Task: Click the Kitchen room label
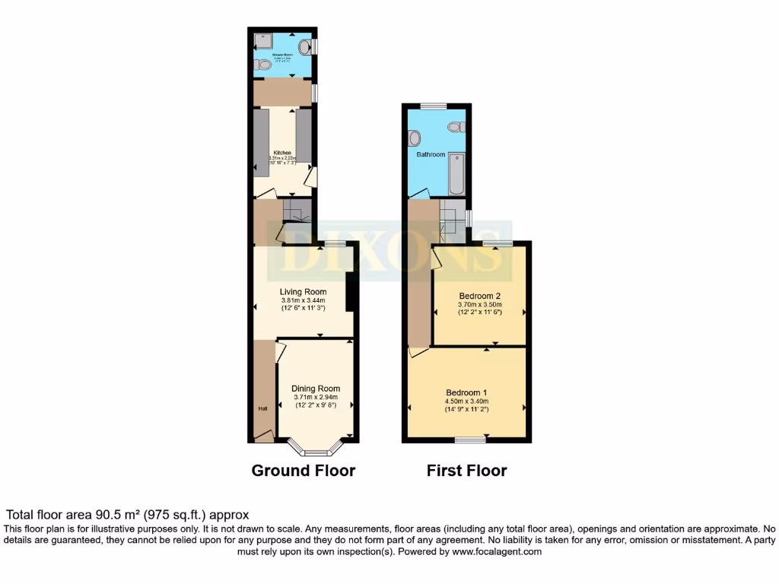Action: point(282,152)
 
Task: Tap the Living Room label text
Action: point(303,291)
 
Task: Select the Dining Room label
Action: point(316,389)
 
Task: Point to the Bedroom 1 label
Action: point(467,392)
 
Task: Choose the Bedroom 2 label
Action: point(479,295)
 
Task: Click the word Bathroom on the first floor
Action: point(431,154)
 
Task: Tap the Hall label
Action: point(262,409)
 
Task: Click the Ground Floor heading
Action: point(303,471)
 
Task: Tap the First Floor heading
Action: point(466,471)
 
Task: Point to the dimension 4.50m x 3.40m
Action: point(466,401)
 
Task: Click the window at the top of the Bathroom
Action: point(434,106)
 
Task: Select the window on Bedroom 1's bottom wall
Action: point(470,440)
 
